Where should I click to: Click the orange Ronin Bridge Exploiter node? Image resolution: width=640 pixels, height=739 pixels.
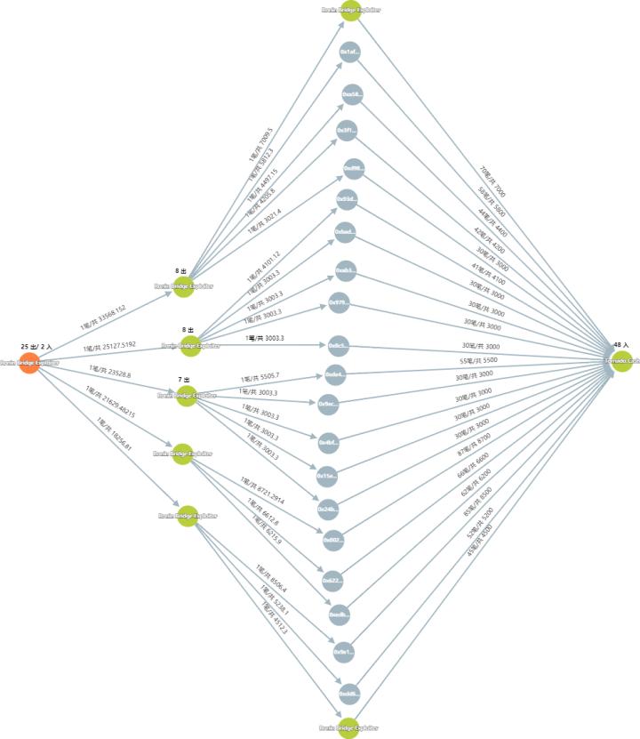coord(28,363)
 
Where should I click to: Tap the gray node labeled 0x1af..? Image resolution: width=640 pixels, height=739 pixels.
coord(349,52)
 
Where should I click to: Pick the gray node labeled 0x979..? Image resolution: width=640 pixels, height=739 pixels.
coord(340,302)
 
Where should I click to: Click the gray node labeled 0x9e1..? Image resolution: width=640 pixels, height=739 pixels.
coord(343,652)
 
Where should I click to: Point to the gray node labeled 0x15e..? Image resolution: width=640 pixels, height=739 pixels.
coord(327,477)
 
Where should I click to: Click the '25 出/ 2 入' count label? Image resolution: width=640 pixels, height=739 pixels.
coord(36,345)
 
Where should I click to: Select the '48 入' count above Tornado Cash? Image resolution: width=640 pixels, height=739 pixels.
coord(620,344)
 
